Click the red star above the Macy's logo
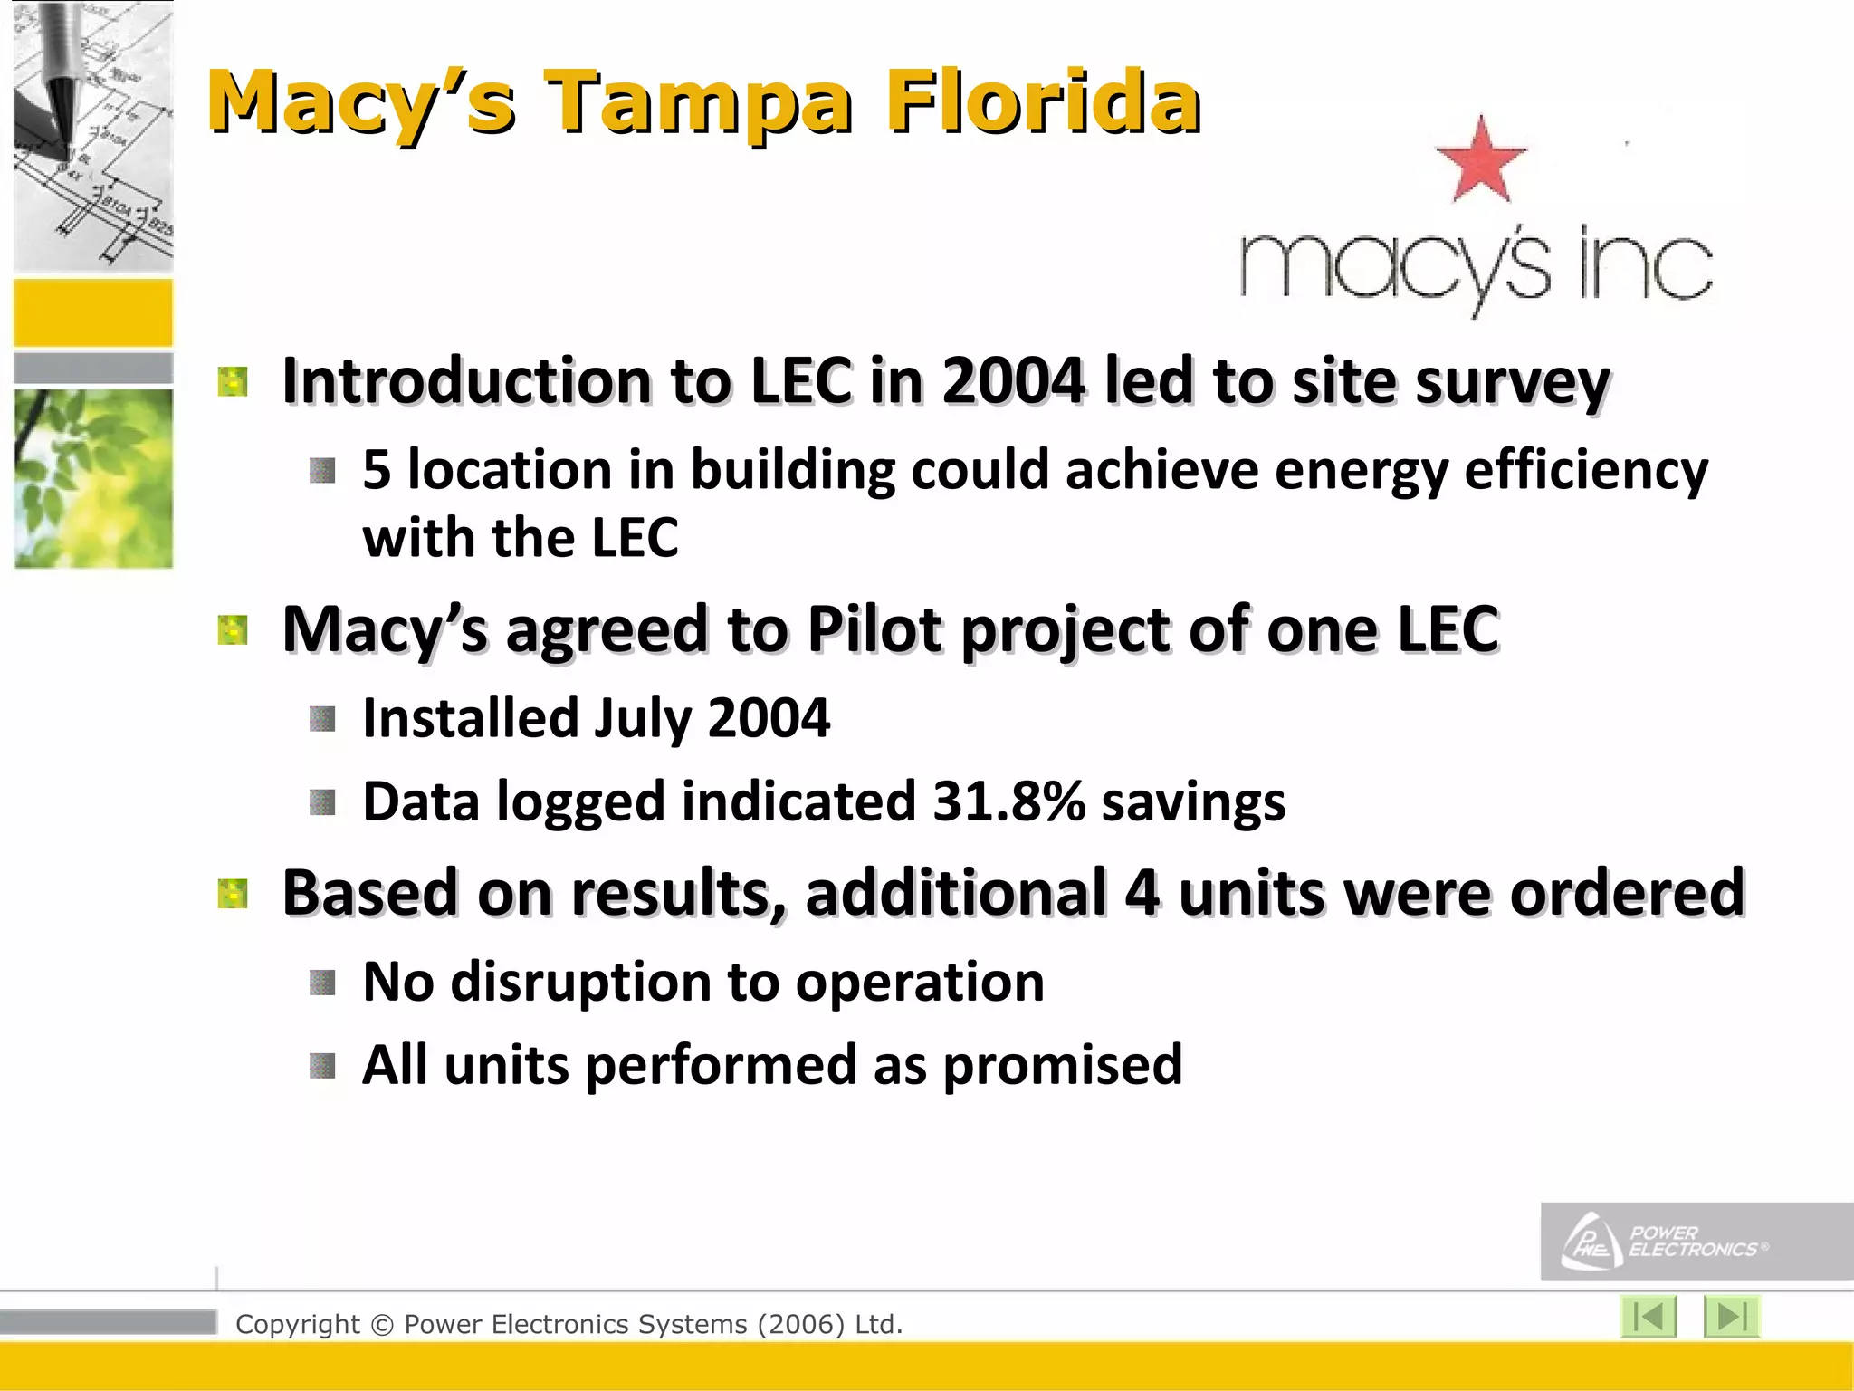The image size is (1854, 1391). (1481, 160)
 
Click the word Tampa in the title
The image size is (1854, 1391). (698, 102)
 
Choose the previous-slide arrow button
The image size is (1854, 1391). (1649, 1317)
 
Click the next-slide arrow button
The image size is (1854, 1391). (1731, 1317)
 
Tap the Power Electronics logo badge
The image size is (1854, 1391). (1696, 1242)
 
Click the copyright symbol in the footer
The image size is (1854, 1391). (382, 1325)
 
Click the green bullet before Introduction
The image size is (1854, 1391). (233, 382)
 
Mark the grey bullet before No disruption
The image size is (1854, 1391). (322, 983)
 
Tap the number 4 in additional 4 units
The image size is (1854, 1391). (1142, 893)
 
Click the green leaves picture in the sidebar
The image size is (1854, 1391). (93, 478)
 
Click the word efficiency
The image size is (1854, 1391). (1585, 471)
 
